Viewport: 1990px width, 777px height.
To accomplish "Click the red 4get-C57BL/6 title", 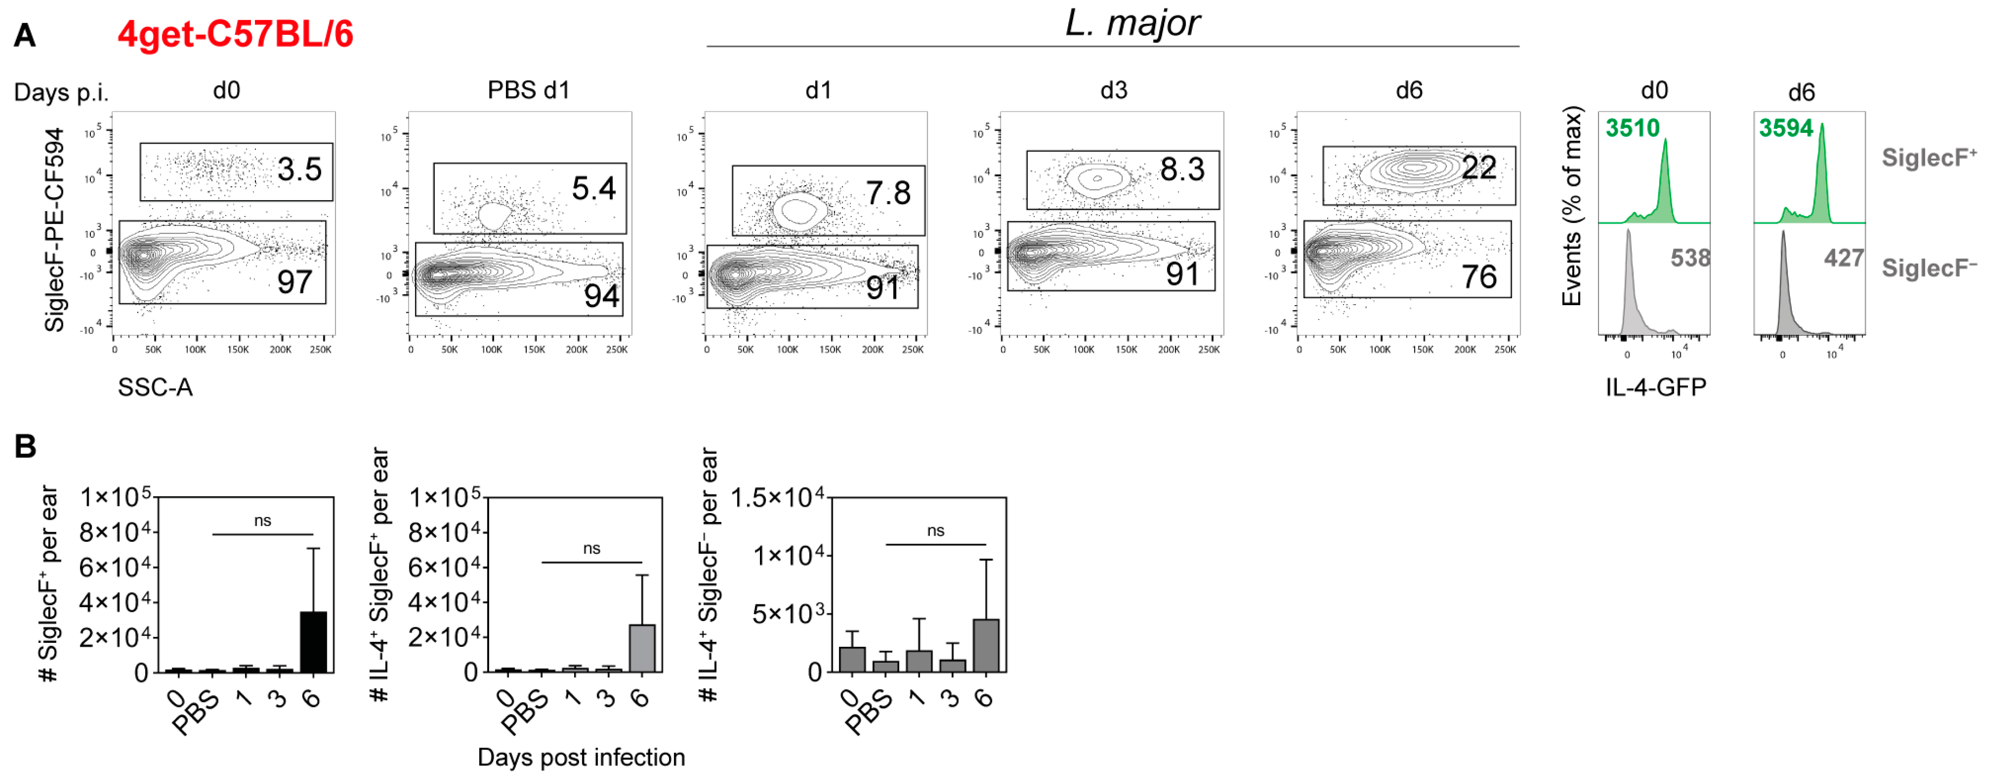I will click(236, 34).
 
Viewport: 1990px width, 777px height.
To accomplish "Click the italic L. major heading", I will click(1132, 23).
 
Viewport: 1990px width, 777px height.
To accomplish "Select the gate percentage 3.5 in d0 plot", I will click(299, 169).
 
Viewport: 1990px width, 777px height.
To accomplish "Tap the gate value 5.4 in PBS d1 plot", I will click(593, 188).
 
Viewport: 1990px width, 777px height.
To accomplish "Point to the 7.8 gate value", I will click(887, 193).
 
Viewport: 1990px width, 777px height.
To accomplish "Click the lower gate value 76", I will click(1479, 277).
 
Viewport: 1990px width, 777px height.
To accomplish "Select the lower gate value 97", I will click(294, 282).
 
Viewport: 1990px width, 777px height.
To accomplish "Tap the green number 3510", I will click(1632, 128).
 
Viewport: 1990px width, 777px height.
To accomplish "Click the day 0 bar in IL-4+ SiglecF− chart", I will click(852, 659).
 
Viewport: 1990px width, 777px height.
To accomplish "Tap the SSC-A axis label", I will click(155, 387).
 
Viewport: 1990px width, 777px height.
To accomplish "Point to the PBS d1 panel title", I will click(528, 90).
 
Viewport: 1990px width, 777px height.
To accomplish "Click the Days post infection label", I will click(581, 757).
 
